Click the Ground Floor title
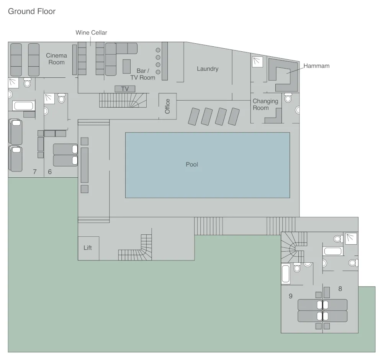(x=32, y=11)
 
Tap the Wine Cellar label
(x=91, y=33)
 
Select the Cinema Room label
(x=56, y=59)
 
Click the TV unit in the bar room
(x=125, y=89)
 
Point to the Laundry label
(x=208, y=69)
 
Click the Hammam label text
(x=316, y=66)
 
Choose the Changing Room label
(x=265, y=105)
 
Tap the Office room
(x=167, y=106)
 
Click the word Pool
(x=192, y=165)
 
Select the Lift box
(x=88, y=248)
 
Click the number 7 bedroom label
(x=34, y=172)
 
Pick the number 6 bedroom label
(x=50, y=172)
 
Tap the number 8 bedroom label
(x=340, y=289)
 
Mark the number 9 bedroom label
(x=290, y=296)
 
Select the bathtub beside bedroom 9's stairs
(x=286, y=274)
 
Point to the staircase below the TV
(x=123, y=100)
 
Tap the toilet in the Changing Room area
(x=288, y=98)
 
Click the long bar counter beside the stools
(x=165, y=61)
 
